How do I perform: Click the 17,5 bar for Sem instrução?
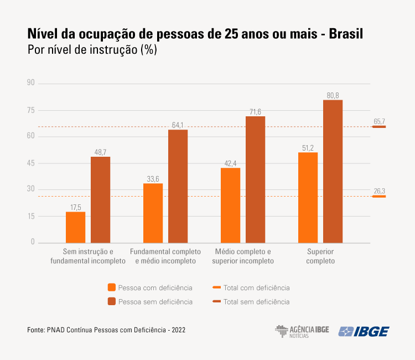(x=75, y=227)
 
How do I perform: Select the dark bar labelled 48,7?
(x=100, y=199)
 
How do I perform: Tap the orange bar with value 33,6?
(x=153, y=213)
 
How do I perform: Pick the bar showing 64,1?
(x=178, y=186)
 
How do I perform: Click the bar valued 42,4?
(x=230, y=205)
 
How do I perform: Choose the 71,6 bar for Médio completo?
(x=255, y=179)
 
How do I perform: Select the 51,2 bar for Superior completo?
(x=308, y=197)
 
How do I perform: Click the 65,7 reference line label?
(x=379, y=121)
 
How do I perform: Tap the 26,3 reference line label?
(x=379, y=191)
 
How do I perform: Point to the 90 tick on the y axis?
(x=30, y=83)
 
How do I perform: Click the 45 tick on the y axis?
(x=30, y=163)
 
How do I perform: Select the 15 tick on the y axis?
(x=30, y=216)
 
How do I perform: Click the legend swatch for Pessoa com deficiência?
(x=112, y=287)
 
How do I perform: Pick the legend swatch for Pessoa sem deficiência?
(x=112, y=301)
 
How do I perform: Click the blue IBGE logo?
(x=364, y=331)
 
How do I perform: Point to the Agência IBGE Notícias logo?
(x=302, y=331)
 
